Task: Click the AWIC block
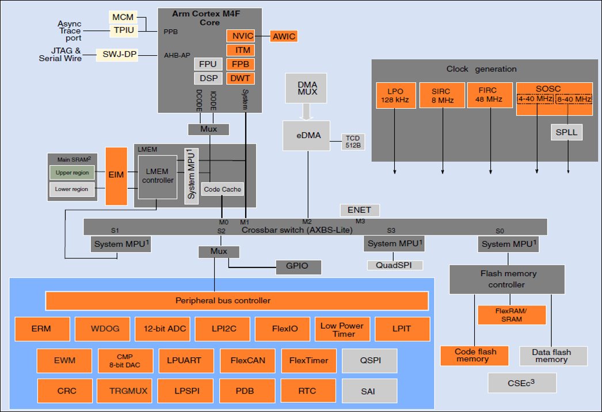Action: tap(284, 37)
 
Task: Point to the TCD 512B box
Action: tap(353, 141)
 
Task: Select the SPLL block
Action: tap(566, 133)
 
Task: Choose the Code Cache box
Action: tap(222, 189)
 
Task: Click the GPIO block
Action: tap(297, 267)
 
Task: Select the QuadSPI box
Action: tap(395, 265)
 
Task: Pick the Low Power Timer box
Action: tap(342, 329)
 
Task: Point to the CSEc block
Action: tap(522, 383)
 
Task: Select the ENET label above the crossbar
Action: tap(360, 210)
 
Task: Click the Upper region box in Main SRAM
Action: tap(72, 173)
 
